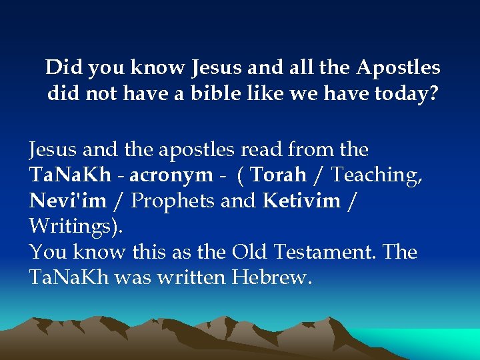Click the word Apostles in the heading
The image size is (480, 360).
[398, 68]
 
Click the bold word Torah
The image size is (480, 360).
[278, 175]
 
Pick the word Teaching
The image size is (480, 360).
[377, 175]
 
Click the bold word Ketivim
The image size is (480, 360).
[302, 201]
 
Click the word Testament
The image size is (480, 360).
[323, 252]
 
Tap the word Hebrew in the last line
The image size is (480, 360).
[271, 278]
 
